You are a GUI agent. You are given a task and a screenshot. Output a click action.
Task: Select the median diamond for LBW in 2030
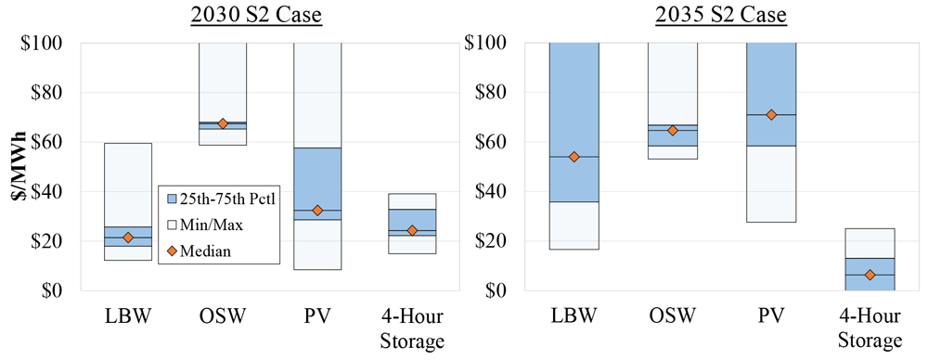coord(128,238)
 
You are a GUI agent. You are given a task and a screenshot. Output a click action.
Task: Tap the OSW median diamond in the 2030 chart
coord(223,123)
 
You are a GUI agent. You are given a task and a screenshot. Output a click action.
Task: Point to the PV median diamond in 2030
coord(317,211)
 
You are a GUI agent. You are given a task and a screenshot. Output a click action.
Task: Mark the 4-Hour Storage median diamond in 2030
coord(412,230)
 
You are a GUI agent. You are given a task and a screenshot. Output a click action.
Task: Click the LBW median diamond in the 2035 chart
coord(574,157)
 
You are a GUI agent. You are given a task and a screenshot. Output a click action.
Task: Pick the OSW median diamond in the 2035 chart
coord(673,131)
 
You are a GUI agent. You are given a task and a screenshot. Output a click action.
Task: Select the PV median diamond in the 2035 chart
coord(770,114)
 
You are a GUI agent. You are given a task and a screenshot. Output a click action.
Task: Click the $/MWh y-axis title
coord(19,167)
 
